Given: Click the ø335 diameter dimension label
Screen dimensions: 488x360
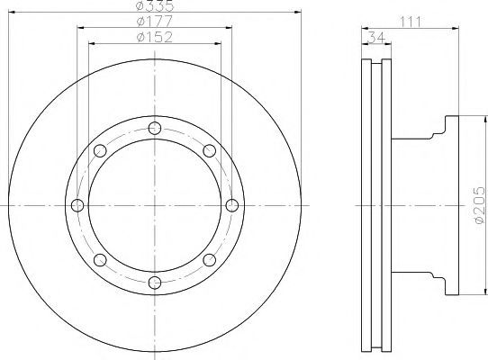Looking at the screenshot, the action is [x=155, y=5].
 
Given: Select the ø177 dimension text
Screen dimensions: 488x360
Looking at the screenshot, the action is [x=155, y=22].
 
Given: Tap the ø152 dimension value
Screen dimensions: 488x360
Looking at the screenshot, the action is [x=155, y=37].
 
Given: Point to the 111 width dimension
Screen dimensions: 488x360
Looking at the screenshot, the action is [x=411, y=22].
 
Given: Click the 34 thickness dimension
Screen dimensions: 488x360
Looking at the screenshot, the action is [x=376, y=37].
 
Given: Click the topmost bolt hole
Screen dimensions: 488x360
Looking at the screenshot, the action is [x=155, y=128].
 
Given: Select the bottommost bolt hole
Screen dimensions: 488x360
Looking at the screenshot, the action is [x=155, y=283].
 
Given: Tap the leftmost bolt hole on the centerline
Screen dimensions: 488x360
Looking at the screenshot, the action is [x=77, y=205].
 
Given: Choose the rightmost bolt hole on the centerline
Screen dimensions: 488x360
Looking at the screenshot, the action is [x=232, y=205].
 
